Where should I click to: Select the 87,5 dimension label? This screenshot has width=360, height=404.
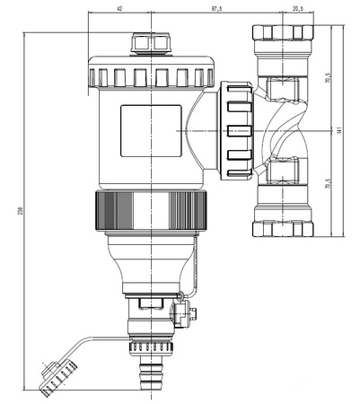click(212, 9)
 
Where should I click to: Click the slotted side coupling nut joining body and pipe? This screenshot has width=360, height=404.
click(236, 129)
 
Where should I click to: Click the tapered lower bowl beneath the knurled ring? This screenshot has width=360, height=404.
click(149, 265)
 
